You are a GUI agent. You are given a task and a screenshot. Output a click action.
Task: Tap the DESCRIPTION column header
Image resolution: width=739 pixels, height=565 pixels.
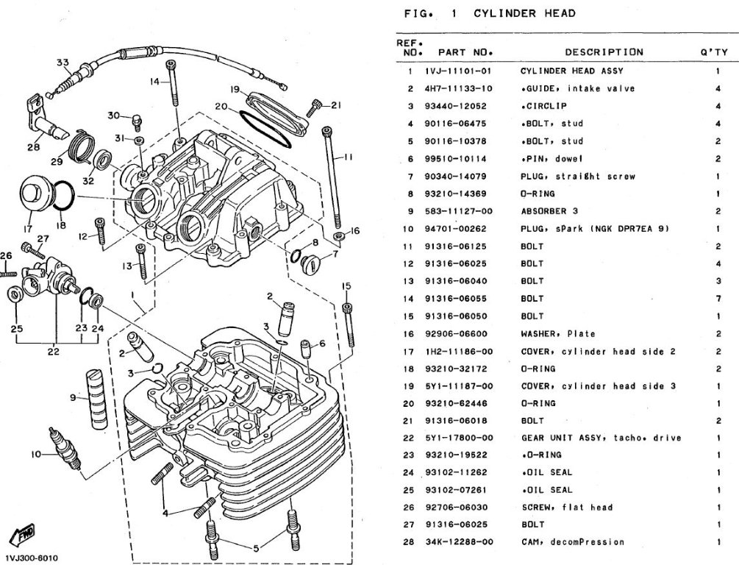point(604,52)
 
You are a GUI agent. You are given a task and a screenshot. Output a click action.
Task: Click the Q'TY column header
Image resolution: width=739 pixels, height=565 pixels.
point(715,52)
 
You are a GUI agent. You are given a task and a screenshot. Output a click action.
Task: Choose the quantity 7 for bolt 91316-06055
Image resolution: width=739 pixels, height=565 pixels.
point(717,299)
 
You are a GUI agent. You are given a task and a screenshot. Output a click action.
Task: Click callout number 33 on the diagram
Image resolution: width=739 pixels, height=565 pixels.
point(63,62)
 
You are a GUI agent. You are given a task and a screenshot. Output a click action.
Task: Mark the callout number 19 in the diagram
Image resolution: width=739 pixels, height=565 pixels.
point(235,90)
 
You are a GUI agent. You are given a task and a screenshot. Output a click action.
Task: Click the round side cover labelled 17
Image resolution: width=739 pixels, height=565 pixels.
point(35,194)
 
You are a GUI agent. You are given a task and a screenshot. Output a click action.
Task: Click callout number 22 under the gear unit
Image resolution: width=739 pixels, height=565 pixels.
point(53,352)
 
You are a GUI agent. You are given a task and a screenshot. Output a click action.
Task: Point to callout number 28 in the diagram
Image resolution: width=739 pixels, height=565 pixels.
point(34,147)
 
